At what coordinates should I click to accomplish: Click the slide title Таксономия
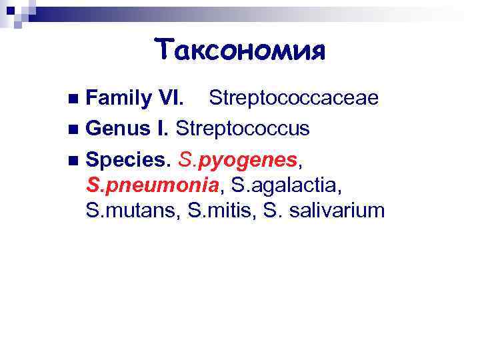pos(239,50)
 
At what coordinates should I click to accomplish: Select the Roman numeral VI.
pos(169,99)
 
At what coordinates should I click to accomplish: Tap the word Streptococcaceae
pos(294,99)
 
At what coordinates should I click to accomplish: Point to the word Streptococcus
pos(243,127)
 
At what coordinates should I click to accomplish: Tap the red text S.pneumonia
pos(155,186)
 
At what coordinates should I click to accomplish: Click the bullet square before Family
pos(73,100)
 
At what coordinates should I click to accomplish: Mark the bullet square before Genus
pos(73,128)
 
